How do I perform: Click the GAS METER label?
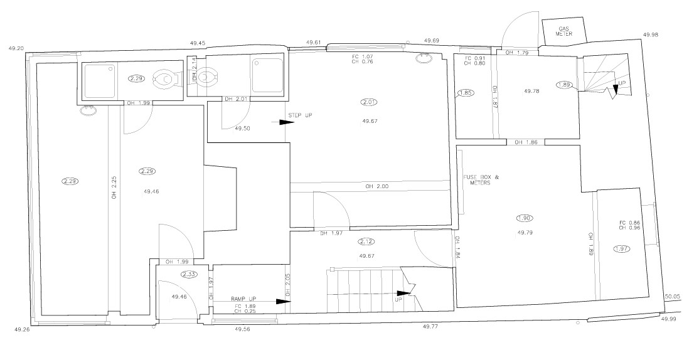point(563,31)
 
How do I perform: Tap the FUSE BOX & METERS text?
point(481,181)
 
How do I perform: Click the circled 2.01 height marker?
point(368,102)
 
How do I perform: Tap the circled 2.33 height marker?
point(189,274)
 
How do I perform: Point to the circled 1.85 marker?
point(466,93)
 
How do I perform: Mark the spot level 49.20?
point(15,48)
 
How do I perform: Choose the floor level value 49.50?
point(243,128)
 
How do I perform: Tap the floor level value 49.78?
point(532,91)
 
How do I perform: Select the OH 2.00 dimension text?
point(377,186)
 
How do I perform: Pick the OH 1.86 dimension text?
point(526,142)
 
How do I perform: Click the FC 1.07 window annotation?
point(363,58)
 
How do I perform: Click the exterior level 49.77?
point(430,326)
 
